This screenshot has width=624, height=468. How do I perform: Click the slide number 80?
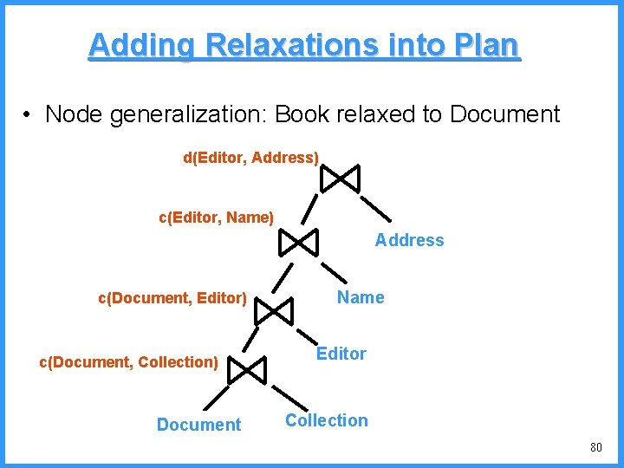click(595, 448)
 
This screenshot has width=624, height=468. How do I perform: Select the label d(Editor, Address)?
click(250, 158)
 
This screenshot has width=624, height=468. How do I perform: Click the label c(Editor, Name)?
click(216, 218)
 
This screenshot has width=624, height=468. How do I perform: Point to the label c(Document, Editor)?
click(172, 298)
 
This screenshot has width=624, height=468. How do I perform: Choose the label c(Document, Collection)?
click(128, 361)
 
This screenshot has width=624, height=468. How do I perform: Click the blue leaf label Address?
click(409, 241)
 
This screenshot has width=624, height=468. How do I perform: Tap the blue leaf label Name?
click(361, 298)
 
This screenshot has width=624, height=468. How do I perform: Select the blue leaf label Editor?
click(341, 354)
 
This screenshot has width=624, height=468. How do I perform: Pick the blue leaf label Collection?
click(327, 420)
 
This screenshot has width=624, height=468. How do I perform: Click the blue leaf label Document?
click(198, 425)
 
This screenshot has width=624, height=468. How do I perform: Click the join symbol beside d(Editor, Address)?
click(340, 179)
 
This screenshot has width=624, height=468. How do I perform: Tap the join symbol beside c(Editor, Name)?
click(299, 243)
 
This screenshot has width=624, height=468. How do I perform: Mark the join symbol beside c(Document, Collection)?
click(245, 371)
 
